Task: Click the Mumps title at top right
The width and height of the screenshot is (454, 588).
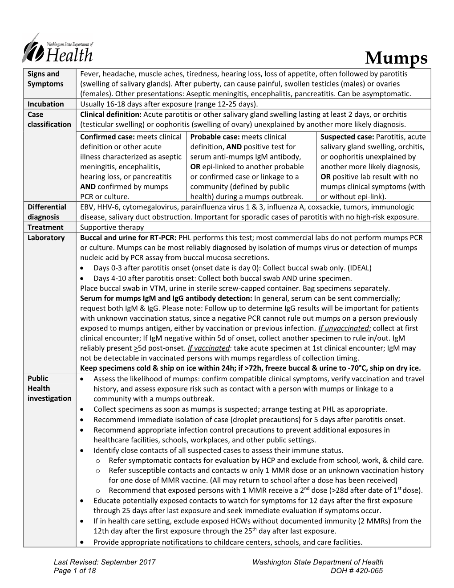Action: [x=396, y=58]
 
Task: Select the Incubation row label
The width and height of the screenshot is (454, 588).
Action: [x=46, y=104]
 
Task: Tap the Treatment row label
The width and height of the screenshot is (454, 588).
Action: [x=46, y=227]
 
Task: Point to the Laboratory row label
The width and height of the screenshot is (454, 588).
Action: [x=46, y=237]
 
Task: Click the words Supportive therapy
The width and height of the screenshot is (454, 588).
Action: [x=112, y=227]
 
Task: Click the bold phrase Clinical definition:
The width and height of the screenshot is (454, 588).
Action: [x=110, y=114]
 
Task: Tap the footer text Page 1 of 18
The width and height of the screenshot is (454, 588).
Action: [x=74, y=571]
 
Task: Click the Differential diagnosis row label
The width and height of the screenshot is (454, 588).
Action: [x=46, y=212]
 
